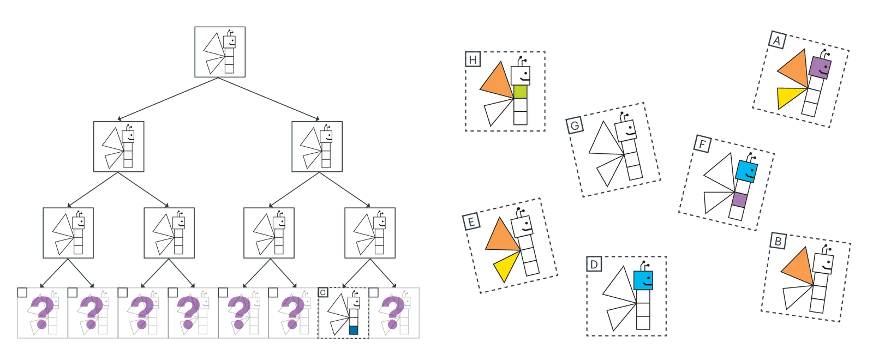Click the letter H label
473,59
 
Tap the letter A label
777,40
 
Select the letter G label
575,125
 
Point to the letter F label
702,145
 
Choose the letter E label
471,221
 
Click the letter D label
594,264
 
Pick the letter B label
778,242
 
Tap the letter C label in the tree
323,292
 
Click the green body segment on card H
521,92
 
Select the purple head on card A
820,68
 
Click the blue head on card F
747,171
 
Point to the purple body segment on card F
739,200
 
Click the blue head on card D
643,280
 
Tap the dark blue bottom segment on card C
354,330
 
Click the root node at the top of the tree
220,52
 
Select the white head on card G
625,130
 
